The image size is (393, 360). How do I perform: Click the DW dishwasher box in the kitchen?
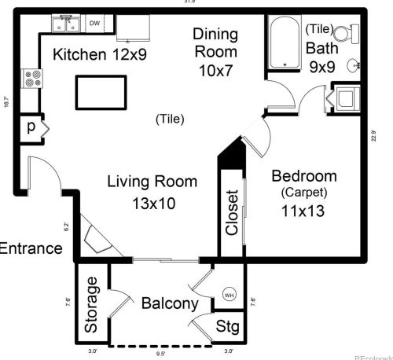(94, 24)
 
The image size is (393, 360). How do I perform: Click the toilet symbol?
(342, 33)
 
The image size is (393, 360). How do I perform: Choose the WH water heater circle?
(230, 295)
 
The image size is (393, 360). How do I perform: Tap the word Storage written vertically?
(91, 304)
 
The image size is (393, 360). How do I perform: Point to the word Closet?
(232, 213)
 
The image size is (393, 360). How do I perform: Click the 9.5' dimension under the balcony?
(161, 353)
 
